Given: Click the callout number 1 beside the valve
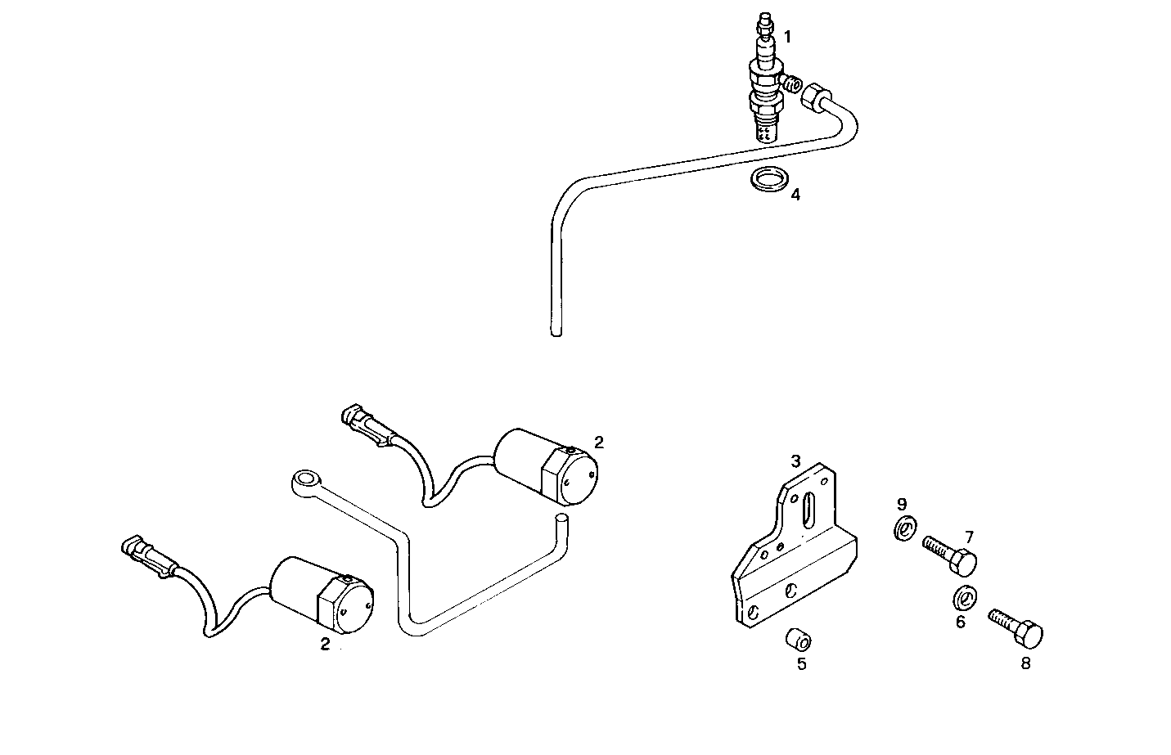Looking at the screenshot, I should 787,37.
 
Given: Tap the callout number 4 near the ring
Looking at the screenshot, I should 795,195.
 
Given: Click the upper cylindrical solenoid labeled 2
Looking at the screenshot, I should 547,463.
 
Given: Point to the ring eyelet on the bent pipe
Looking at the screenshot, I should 304,482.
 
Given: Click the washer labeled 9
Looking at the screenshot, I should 904,529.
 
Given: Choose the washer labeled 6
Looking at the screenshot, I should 964,598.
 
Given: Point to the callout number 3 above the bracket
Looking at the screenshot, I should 795,461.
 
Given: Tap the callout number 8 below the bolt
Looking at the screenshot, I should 1025,663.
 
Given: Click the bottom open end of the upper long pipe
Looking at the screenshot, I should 556,330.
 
